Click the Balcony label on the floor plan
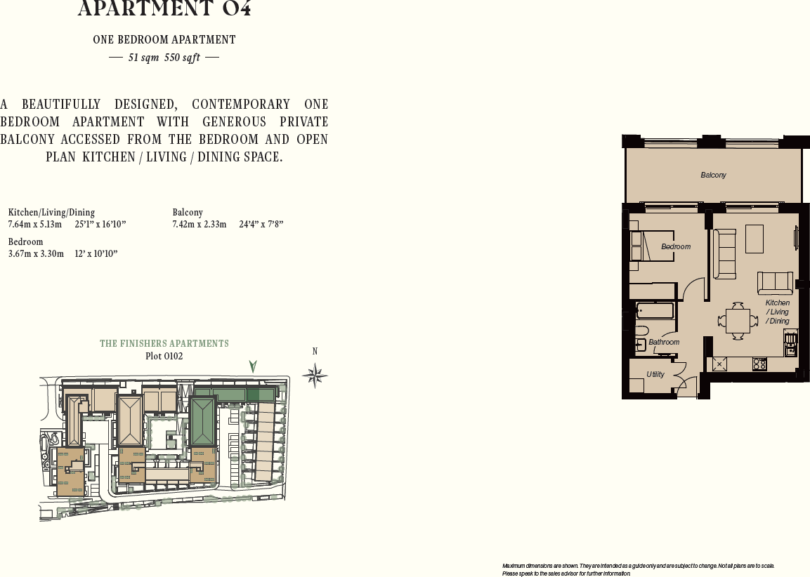pos(713,175)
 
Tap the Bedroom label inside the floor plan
pos(676,246)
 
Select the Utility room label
pos(655,375)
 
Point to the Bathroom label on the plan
pos(664,342)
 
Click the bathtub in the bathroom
pos(655,310)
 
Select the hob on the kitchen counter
pos(759,364)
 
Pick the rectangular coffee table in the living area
pos(755,239)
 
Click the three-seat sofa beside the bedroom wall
pos(724,253)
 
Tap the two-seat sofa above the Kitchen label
pos(775,283)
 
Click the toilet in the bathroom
pos(641,331)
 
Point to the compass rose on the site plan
pos(315,376)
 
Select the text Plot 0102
pos(164,356)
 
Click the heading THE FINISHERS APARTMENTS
pos(164,343)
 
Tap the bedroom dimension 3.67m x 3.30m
pos(36,253)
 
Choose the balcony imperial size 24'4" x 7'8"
pos(261,224)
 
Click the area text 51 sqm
pos(143,58)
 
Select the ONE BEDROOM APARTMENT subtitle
pos(164,40)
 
